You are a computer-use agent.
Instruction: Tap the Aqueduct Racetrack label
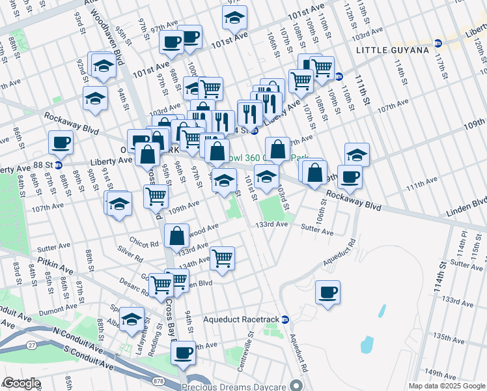240,320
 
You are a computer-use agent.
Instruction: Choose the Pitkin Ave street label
55,267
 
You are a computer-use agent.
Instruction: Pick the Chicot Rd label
144,244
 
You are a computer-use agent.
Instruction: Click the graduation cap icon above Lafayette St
132,319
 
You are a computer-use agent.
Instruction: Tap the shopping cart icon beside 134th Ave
223,258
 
